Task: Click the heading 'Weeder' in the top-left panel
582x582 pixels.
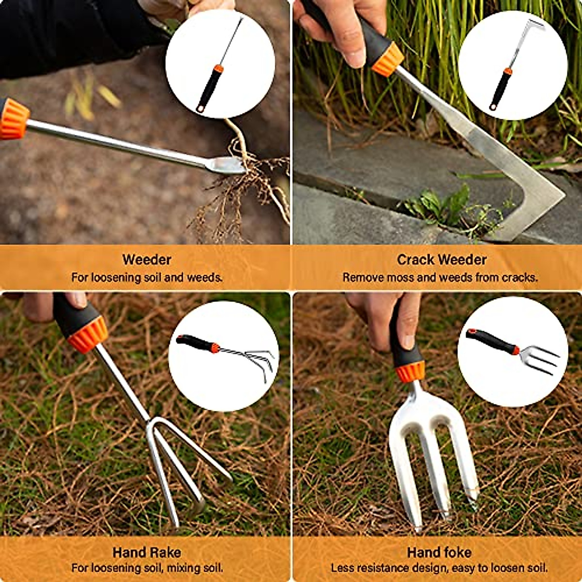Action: [x=146, y=259]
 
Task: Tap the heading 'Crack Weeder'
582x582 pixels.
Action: [x=441, y=260]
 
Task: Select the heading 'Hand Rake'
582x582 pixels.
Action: [x=146, y=552]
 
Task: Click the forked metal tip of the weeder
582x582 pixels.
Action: [x=228, y=165]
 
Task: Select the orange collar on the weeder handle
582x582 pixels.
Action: [x=14, y=119]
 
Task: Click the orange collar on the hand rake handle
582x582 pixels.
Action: [x=88, y=335]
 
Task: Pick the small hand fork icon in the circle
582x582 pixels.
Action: [x=513, y=350]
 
